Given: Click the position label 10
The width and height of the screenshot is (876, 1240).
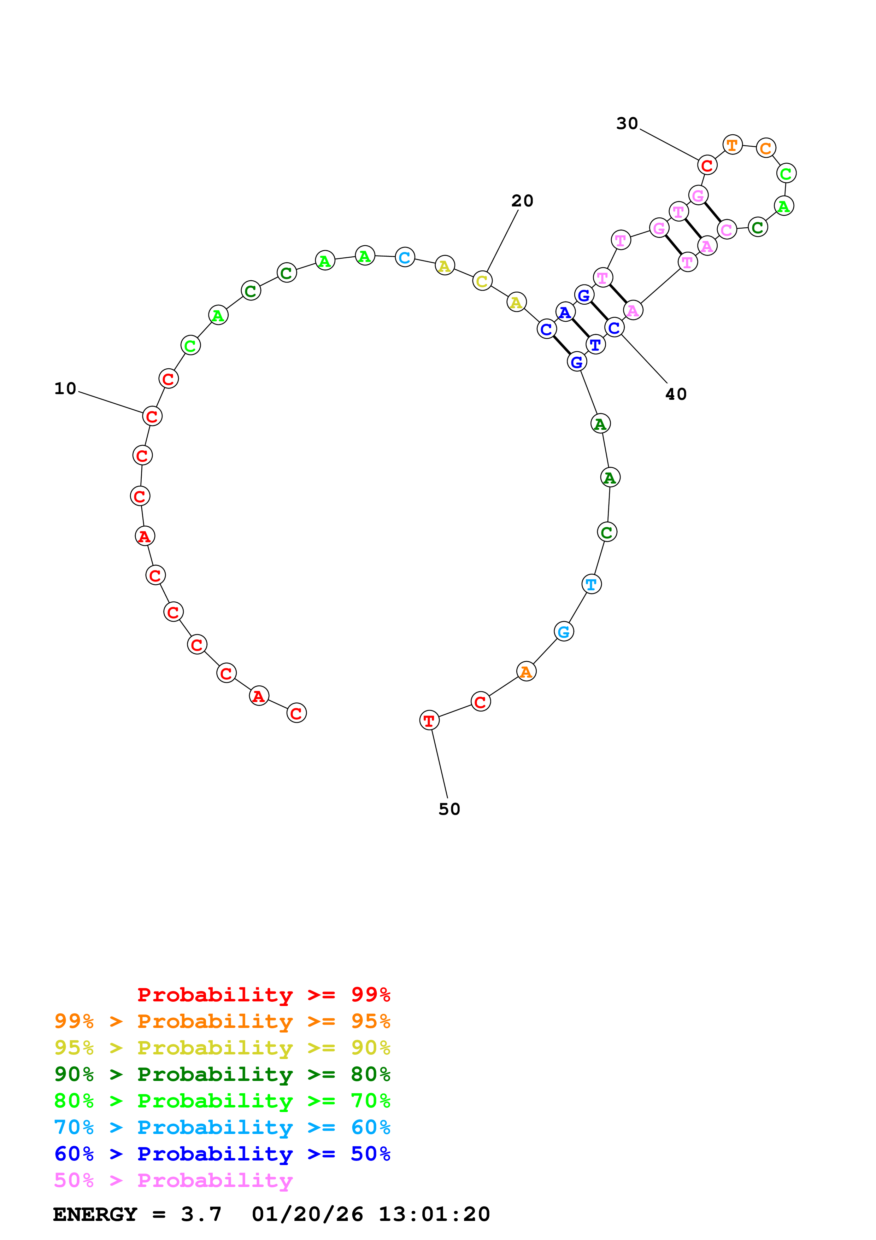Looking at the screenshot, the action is [65, 388].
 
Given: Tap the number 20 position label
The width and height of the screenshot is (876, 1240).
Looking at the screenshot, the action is [522, 201].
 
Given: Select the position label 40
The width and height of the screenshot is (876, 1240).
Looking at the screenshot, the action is [676, 394].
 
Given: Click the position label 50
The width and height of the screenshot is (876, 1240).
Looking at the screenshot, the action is [449, 809].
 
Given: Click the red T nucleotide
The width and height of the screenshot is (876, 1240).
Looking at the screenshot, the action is [429, 720].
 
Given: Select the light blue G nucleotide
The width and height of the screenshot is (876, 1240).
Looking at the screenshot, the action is [564, 631].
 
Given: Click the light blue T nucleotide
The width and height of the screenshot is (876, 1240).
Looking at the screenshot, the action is [592, 584].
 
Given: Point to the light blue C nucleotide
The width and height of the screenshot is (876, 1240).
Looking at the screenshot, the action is [405, 258].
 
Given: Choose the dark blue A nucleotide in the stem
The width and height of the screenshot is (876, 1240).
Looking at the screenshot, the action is [565, 312].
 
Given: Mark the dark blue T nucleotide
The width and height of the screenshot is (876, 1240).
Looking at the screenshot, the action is [595, 345].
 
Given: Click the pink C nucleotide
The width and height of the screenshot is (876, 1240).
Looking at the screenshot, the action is [727, 230].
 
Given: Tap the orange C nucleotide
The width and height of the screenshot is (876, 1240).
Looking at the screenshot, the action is [765, 148].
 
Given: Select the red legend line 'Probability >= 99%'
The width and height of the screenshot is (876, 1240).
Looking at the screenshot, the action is [263, 994].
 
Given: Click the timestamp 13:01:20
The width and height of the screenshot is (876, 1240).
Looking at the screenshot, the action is [434, 1214].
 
